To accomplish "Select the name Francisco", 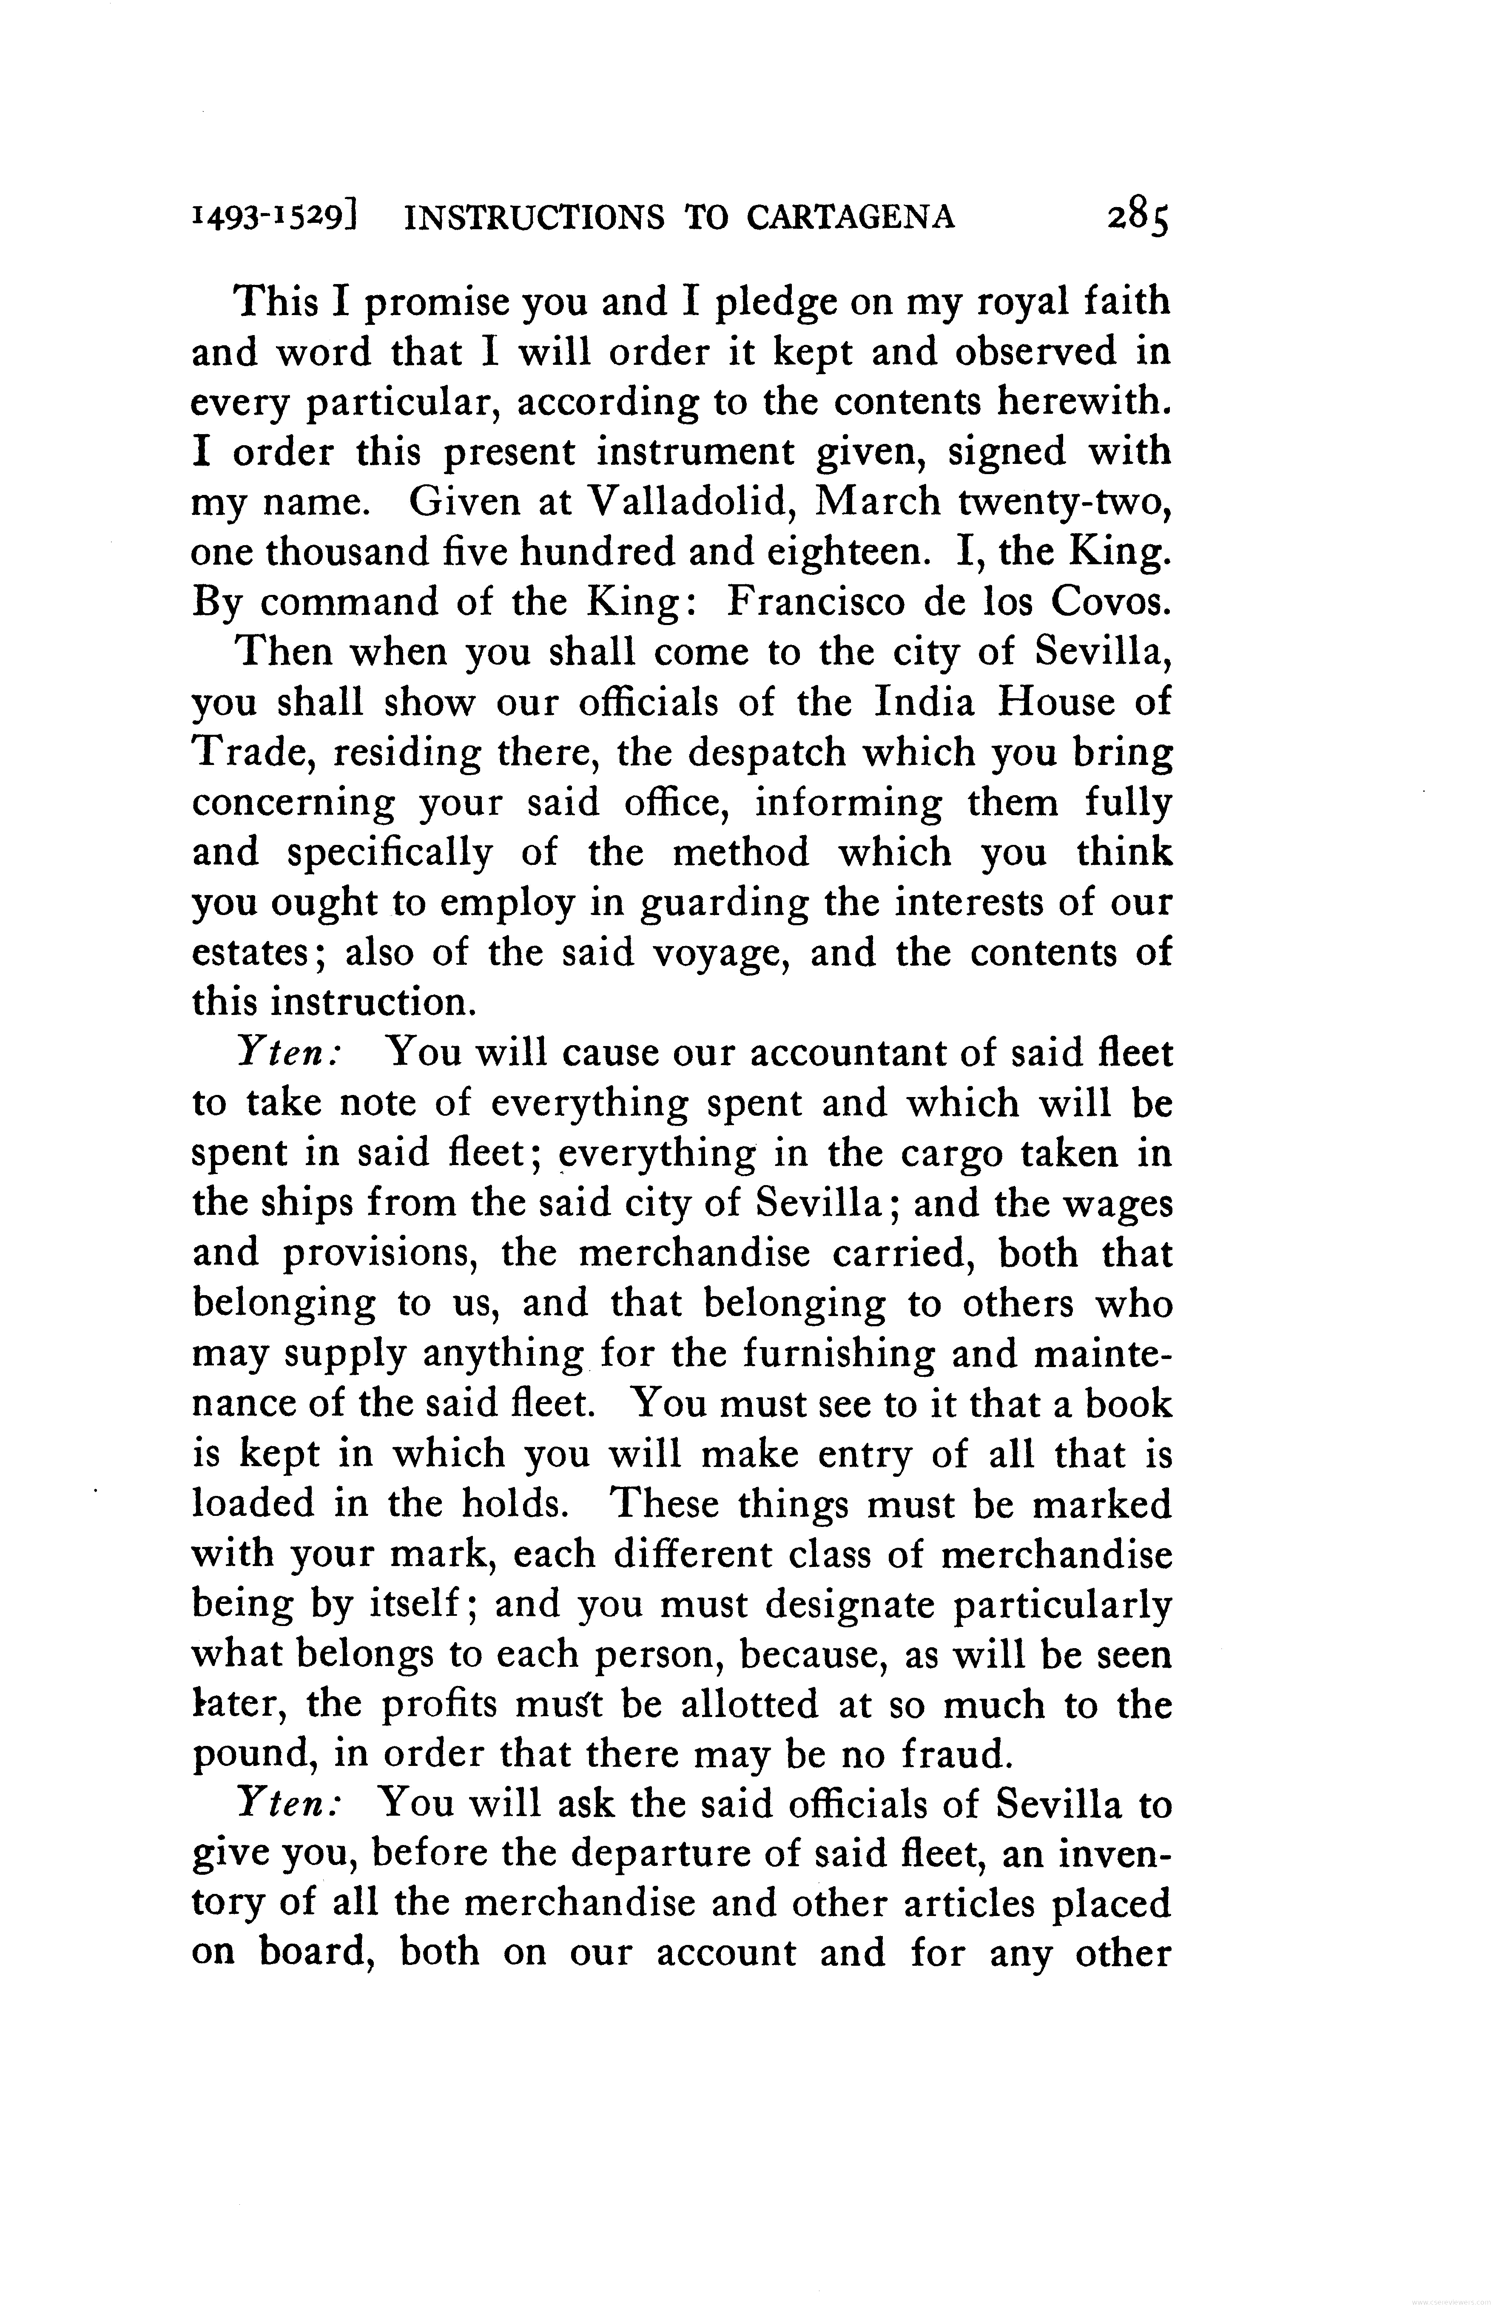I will pos(810,603).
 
